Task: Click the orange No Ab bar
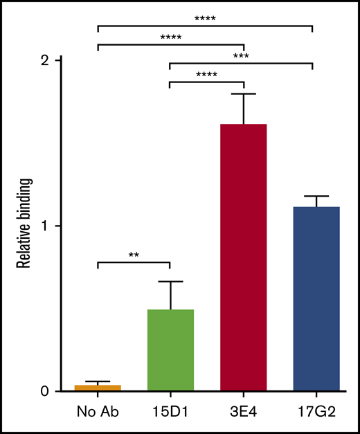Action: (x=98, y=388)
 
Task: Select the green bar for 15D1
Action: (x=170, y=350)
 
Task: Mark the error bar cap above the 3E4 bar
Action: (x=243, y=93)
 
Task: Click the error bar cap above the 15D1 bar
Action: (x=170, y=282)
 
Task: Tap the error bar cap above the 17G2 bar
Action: (x=316, y=197)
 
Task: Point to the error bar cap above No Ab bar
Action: (x=98, y=381)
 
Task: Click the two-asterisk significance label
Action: (x=134, y=255)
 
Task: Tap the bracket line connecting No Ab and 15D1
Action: (x=134, y=262)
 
